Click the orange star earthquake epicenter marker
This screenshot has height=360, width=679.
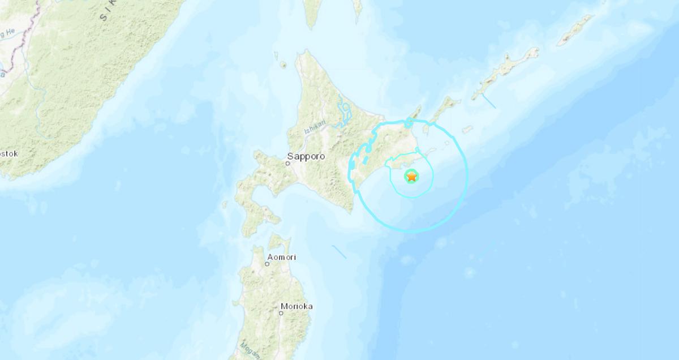pyautogui.click(x=411, y=177)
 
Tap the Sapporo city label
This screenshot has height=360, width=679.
pyautogui.click(x=306, y=156)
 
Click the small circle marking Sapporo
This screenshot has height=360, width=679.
pyautogui.click(x=287, y=164)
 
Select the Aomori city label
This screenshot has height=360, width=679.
pyautogui.click(x=281, y=258)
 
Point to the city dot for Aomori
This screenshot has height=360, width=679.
pyautogui.click(x=267, y=264)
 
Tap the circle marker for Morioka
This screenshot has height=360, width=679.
pyautogui.click(x=281, y=313)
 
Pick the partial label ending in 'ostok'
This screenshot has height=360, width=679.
pyautogui.click(x=9, y=153)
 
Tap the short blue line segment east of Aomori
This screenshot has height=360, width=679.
pyautogui.click(x=339, y=251)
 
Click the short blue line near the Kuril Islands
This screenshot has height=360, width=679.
pyautogui.click(x=489, y=101)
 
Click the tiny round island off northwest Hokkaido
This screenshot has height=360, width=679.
pyautogui.click(x=283, y=65)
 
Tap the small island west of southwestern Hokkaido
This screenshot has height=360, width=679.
pyautogui.click(x=225, y=204)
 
